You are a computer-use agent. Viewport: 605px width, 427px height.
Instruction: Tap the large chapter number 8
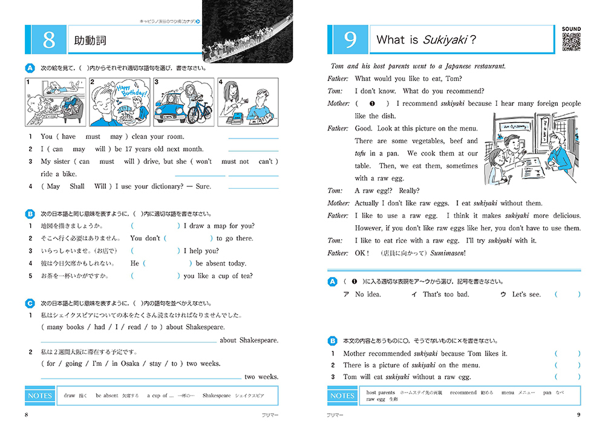click(49, 41)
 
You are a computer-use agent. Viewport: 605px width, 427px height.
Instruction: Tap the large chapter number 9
click(350, 41)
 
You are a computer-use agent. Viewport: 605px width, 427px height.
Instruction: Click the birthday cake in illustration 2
click(126, 112)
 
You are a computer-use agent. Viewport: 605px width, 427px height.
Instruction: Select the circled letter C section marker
click(30, 303)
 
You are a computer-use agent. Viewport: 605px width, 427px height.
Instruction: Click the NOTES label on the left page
click(40, 396)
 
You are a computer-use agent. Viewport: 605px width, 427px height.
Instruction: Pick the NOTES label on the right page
click(342, 396)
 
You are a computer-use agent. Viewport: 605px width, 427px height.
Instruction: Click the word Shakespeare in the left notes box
click(217, 396)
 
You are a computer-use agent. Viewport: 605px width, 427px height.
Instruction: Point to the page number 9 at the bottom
click(578, 415)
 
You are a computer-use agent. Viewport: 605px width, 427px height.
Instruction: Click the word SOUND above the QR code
click(571, 29)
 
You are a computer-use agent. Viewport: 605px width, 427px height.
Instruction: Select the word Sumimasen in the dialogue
click(447, 253)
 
